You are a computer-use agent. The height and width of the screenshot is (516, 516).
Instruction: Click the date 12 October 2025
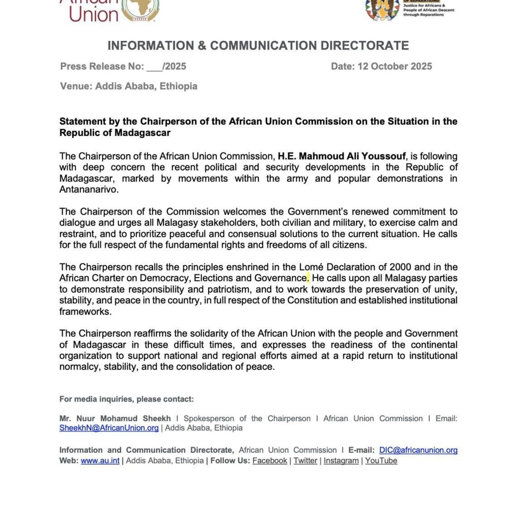coord(395,66)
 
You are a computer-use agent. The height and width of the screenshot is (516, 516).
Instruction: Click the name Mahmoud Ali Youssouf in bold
coord(352,156)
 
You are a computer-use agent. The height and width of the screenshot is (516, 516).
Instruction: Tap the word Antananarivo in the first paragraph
coord(89,190)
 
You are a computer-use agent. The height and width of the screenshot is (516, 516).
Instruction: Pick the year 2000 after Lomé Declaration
coord(400,267)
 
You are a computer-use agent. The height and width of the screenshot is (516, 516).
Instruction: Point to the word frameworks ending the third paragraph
coord(85,312)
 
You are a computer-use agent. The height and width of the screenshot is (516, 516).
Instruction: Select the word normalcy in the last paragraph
coord(80,367)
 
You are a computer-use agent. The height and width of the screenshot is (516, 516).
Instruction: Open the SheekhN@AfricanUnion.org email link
coord(109,428)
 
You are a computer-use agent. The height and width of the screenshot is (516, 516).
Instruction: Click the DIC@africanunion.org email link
coord(418,450)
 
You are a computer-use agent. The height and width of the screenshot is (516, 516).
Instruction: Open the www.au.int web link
coord(100,461)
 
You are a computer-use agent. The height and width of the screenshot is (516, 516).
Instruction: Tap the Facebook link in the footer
coord(270,461)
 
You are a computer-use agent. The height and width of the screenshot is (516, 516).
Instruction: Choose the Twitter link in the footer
coord(305,461)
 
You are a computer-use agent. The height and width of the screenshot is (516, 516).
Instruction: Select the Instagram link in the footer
coord(341,461)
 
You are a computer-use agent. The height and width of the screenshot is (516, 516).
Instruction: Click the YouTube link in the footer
coord(381,461)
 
